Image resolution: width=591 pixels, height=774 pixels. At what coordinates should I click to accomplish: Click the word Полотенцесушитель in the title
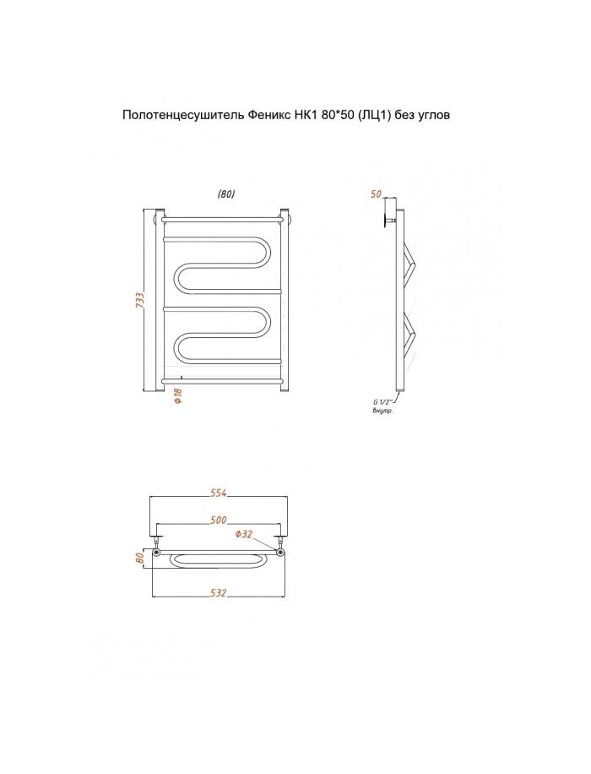(182, 116)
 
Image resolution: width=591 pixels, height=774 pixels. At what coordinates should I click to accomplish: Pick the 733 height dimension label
(140, 301)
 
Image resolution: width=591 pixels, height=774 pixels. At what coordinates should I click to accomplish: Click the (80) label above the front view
(226, 194)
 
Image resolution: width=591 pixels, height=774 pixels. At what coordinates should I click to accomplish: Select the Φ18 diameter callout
(178, 396)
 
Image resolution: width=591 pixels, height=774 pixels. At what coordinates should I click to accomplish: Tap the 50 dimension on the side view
(376, 194)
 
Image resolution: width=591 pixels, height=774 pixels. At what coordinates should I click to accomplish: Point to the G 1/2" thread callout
(382, 402)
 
